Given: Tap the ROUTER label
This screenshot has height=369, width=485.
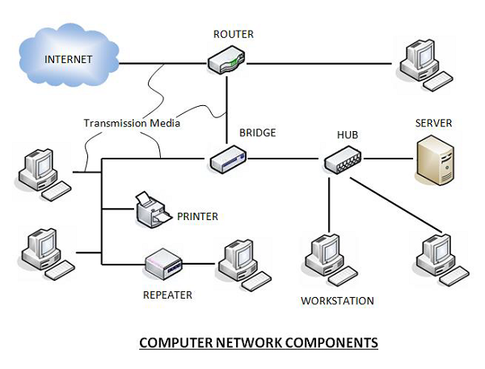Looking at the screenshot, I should click(234, 34).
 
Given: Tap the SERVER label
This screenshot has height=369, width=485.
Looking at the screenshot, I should click(433, 123).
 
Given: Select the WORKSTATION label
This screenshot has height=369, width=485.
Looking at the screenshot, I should click(337, 301).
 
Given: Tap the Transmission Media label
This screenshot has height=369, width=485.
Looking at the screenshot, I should click(131, 124).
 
